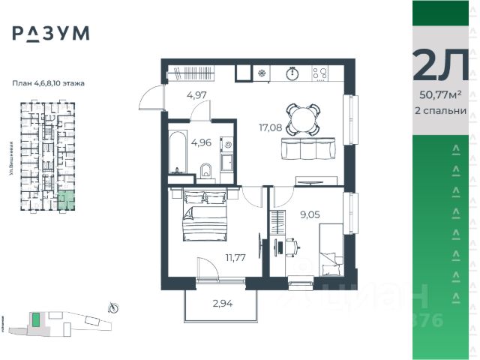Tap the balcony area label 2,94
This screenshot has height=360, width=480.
click(x=223, y=304)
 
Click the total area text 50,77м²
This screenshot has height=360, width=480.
click(x=441, y=94)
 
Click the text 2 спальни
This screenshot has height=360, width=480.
click(x=441, y=110)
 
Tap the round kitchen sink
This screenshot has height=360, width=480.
click(x=293, y=73)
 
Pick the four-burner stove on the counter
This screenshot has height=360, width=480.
click(x=320, y=73)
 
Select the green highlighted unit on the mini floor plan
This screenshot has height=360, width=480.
click(x=67, y=199)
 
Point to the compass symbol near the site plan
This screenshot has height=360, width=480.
click(x=112, y=306)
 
